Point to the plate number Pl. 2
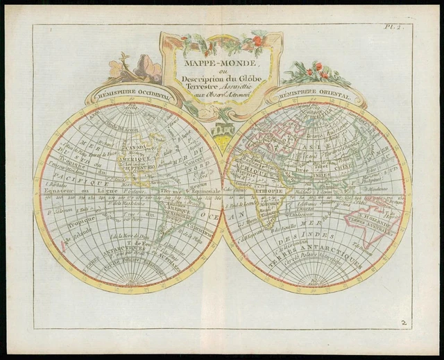tap(394, 28)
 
